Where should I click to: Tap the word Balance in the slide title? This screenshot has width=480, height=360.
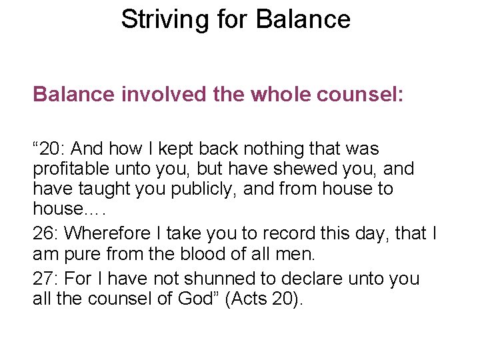pyautogui.click(x=303, y=19)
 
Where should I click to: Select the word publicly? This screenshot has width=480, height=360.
pyautogui.click(x=202, y=189)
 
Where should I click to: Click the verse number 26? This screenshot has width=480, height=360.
pyautogui.click(x=45, y=233)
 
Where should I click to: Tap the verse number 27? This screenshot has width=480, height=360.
pyautogui.click(x=45, y=278)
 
